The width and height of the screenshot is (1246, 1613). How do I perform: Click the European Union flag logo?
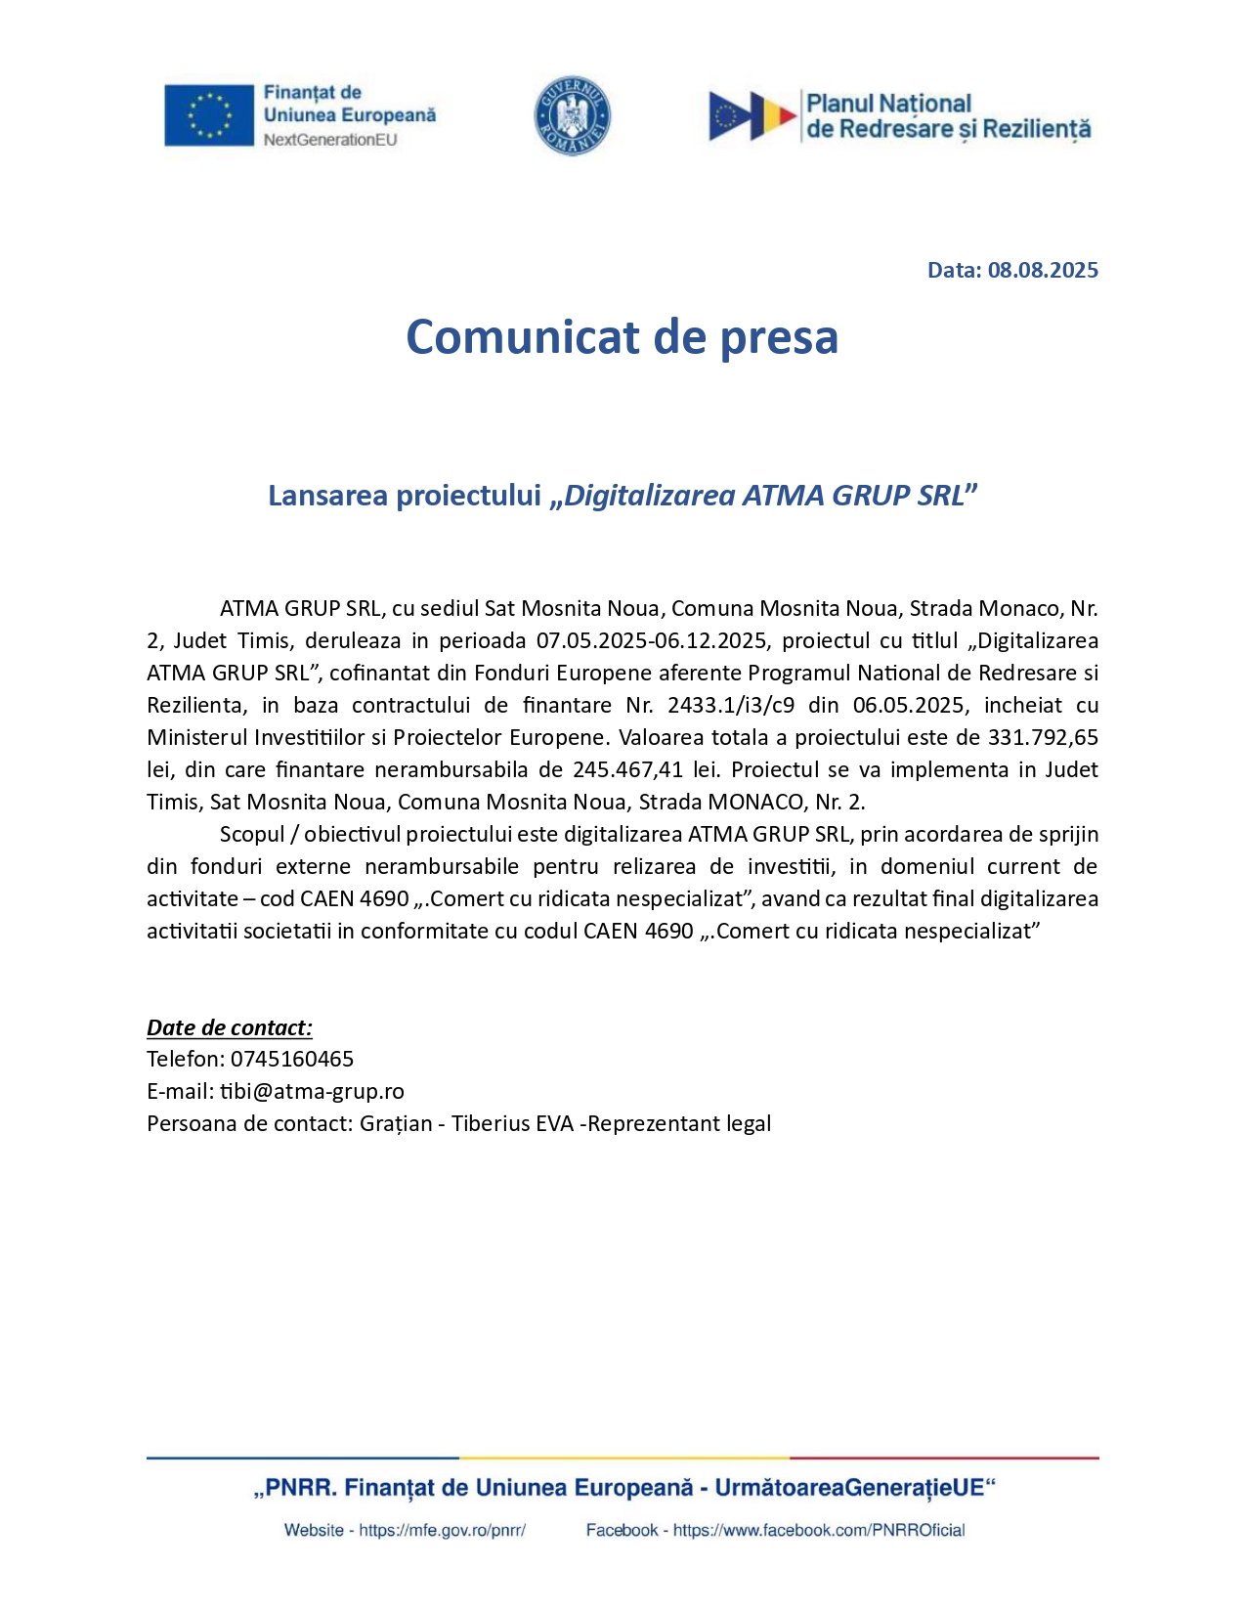coord(208,115)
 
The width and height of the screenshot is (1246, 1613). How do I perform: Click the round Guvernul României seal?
coord(573,115)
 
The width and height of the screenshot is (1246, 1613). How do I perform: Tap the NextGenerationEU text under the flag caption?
coord(330,140)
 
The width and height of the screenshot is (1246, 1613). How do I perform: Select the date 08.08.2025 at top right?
coord(1043,271)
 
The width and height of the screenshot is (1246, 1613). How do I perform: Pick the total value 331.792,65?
coord(1043,738)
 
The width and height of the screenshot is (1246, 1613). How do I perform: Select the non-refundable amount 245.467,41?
coord(628,770)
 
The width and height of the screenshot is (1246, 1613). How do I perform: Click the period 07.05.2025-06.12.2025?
coord(652,641)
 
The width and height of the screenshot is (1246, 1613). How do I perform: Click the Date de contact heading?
coord(230,1027)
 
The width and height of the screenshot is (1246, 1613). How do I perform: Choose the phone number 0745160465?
coord(292,1060)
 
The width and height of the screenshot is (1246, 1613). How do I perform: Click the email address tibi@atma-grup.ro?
coord(312,1092)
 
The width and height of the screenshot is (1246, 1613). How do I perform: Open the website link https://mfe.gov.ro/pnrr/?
coord(442,1531)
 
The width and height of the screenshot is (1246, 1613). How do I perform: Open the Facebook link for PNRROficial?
coord(819,1531)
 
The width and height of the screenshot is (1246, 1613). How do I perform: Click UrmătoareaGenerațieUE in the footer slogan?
coord(849,1489)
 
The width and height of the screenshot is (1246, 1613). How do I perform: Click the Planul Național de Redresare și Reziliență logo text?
coord(948,116)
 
